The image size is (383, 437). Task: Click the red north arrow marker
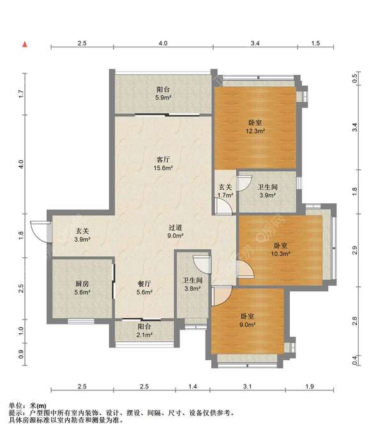pos(25,44)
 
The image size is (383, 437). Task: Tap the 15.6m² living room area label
pos(163,168)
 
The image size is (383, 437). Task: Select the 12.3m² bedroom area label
pos(255,131)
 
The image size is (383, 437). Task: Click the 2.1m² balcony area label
pos(144,335)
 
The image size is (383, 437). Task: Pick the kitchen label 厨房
pos(82,284)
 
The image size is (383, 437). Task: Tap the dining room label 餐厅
pos(144,284)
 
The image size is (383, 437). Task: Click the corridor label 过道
pos(175,227)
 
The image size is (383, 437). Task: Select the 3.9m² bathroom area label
pos(267,195)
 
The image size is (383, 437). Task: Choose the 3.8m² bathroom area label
pos(192,289)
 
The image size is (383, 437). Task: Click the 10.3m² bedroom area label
pos(281,254)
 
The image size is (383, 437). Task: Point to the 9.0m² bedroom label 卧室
pos(248,317)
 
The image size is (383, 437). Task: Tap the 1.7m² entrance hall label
pos(225,195)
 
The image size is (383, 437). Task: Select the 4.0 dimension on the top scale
pos(163,43)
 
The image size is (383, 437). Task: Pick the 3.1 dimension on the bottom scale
pos(247,387)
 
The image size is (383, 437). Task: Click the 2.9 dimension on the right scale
pos(354,250)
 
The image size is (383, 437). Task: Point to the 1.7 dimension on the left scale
pos(21,94)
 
